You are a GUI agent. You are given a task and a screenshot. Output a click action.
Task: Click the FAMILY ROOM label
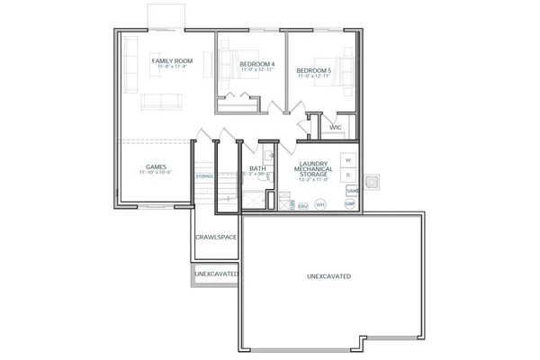pyautogui.click(x=169, y=60)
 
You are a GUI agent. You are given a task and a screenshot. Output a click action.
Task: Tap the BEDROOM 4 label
pyautogui.click(x=257, y=64)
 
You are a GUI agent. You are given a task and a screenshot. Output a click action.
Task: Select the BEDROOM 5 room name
pyautogui.click(x=315, y=69)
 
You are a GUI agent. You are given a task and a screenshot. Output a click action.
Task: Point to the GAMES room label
pyautogui.click(x=156, y=166)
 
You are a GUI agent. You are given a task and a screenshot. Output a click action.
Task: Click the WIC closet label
pyautogui.click(x=335, y=128)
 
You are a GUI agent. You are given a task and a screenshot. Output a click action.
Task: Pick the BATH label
pyautogui.click(x=256, y=167)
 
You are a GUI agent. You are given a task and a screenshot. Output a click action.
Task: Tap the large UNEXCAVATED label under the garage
pyautogui.click(x=328, y=275)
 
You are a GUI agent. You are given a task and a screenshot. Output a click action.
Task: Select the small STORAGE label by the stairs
pyautogui.click(x=205, y=176)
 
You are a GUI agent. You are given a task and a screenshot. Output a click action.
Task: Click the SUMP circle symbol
pyautogui.click(x=350, y=205)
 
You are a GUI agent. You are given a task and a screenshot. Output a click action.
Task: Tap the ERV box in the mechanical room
pyautogui.click(x=302, y=206)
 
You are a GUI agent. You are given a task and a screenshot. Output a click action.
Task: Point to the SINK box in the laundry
pyautogui.click(x=350, y=191)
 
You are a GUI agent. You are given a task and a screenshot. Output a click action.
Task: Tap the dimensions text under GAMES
pyautogui.click(x=156, y=174)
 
